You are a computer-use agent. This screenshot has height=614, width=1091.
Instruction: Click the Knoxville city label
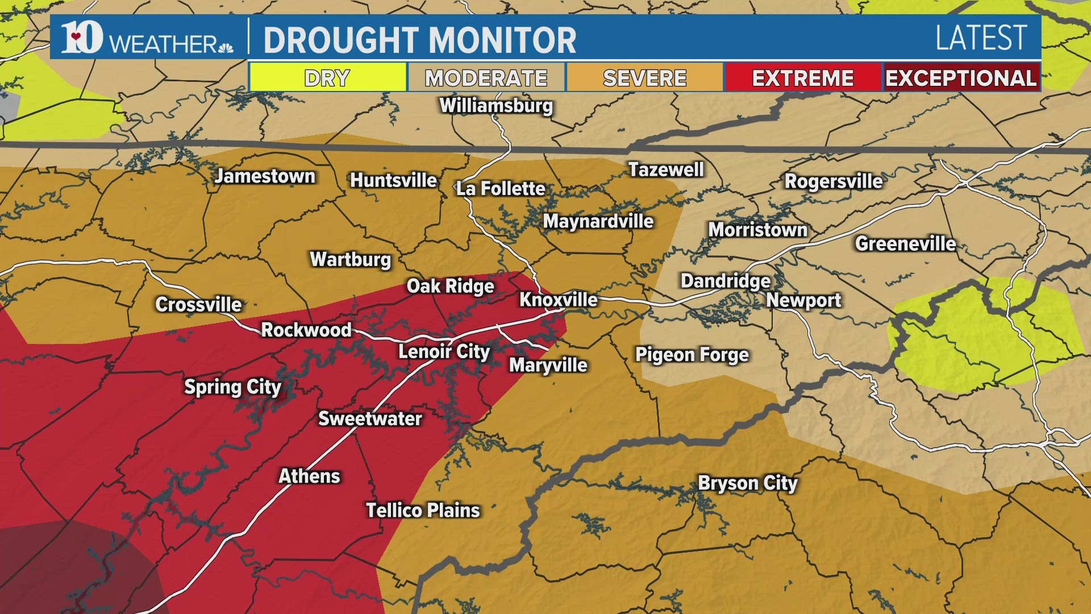pos(559,300)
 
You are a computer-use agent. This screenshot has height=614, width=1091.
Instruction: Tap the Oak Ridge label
pos(450,286)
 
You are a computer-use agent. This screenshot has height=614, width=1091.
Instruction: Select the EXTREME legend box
pos(802,78)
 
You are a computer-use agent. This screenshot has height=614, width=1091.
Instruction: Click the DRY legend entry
pos(327,78)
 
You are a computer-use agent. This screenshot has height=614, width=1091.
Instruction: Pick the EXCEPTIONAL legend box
pos(961,78)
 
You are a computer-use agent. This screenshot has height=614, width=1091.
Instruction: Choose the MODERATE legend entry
pos(486,78)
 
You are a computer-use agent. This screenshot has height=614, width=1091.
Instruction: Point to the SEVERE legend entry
pos(645,78)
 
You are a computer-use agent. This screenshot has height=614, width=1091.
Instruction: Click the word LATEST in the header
pos(981,39)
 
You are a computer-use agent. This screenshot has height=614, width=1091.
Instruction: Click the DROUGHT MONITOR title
pos(420,40)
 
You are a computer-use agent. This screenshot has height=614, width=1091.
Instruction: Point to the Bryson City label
pos(748,483)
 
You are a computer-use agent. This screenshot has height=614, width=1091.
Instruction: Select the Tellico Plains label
pos(423,510)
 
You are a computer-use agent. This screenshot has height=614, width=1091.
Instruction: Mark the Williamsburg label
pos(496,106)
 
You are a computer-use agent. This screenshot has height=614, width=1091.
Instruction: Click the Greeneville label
pos(906,244)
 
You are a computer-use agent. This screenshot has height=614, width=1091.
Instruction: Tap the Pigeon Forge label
pos(692,355)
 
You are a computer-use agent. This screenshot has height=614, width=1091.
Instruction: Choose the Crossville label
pos(199,305)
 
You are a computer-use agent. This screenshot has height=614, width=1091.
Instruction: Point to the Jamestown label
pos(265,176)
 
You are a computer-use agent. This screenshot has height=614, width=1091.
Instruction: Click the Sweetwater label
pos(370,418)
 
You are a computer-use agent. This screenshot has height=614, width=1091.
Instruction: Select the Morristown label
pos(757,230)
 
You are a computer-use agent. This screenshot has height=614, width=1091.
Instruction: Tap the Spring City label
pos(233,387)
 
